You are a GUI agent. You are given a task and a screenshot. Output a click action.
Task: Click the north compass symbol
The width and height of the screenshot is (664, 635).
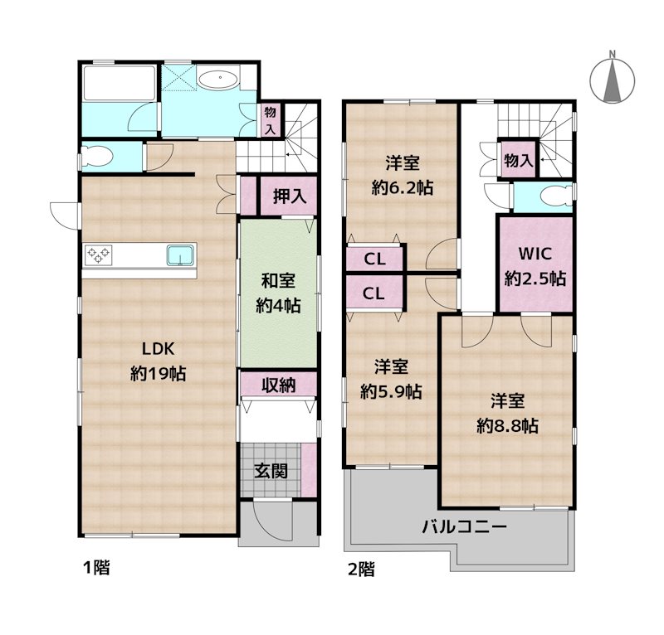click(x=613, y=79)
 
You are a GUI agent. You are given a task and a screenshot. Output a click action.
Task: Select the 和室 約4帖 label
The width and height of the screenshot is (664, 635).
click(x=278, y=293)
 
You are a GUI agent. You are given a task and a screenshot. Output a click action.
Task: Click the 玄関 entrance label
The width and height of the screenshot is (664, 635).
click(x=271, y=470)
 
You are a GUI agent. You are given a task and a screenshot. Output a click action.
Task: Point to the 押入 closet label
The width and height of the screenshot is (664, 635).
click(x=289, y=196)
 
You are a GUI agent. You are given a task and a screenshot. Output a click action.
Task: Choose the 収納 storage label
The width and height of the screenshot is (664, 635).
click(x=278, y=385)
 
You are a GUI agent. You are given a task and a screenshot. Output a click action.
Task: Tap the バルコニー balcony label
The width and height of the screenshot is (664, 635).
click(x=465, y=527)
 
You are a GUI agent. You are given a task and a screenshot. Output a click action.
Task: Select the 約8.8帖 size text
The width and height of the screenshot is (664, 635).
click(x=507, y=425)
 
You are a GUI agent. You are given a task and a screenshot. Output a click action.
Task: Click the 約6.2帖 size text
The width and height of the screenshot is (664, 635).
click(x=403, y=187)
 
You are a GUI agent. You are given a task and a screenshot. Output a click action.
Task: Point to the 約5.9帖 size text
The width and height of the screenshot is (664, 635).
click(x=391, y=392)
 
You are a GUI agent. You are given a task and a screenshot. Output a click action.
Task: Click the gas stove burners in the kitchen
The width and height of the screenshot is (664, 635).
click(x=98, y=254)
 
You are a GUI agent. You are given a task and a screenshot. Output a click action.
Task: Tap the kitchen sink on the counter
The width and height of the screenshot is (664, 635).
click(x=180, y=255)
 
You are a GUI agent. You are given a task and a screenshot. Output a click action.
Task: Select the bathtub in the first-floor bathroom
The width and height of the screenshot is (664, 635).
click(x=120, y=83)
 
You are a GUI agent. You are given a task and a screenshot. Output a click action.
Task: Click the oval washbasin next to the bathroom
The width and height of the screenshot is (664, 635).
click(x=218, y=79)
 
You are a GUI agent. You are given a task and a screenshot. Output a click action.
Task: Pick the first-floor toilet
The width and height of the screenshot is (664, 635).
click(x=99, y=157)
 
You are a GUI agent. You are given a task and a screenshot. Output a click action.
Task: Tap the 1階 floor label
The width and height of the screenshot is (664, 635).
click(x=96, y=567)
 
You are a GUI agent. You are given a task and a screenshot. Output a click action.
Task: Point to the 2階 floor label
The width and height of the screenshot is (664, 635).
click(x=361, y=569)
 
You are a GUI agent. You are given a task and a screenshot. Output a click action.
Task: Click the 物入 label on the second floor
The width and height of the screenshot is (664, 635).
click(x=518, y=161)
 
